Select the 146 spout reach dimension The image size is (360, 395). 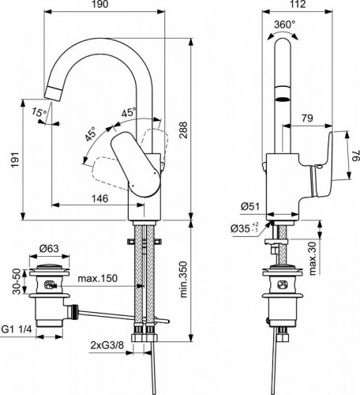click(x=98, y=198)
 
